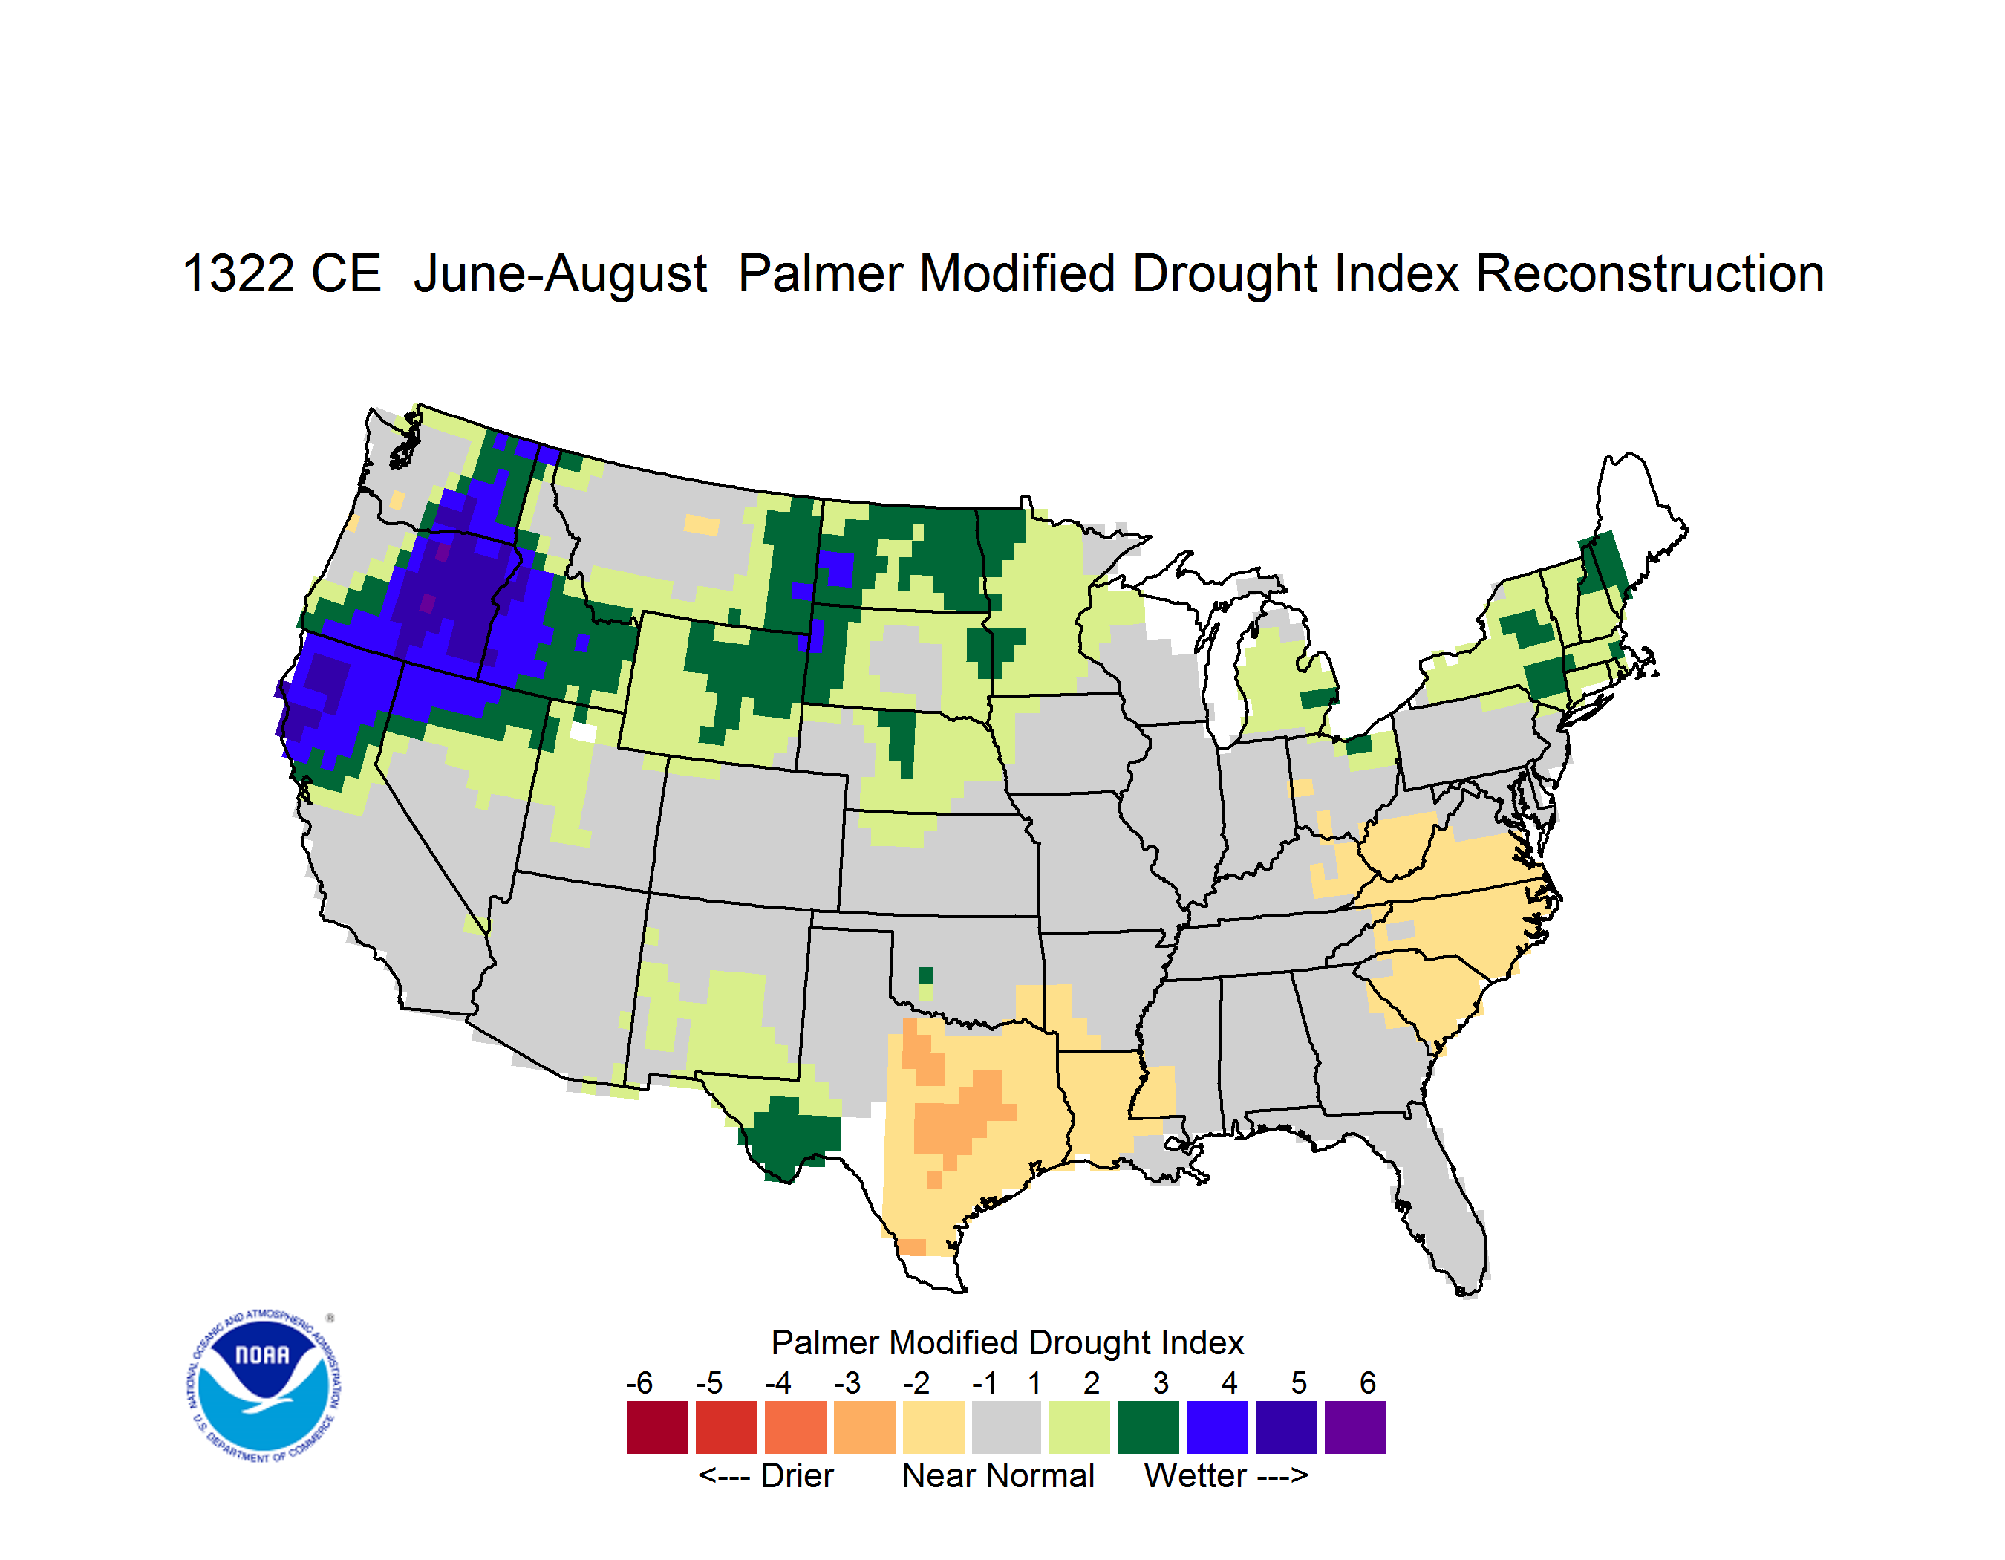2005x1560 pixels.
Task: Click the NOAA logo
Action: pos(264,1386)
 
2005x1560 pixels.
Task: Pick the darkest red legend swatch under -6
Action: pos(657,1427)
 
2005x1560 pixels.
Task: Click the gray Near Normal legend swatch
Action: pos(1006,1427)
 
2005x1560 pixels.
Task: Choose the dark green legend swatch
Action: pos(1147,1427)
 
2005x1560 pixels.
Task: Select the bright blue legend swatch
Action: pos(1217,1427)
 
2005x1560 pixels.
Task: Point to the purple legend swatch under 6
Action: pos(1355,1427)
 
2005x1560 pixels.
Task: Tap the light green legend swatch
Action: pos(1079,1427)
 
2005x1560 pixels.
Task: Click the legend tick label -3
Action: pos(847,1382)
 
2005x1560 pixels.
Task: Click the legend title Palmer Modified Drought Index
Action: pos(1007,1342)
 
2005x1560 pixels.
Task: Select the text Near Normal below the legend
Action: pos(998,1475)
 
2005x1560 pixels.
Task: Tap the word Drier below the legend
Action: pos(797,1475)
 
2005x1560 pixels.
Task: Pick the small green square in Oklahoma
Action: pos(925,975)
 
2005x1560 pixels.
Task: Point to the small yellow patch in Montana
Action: pos(702,525)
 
